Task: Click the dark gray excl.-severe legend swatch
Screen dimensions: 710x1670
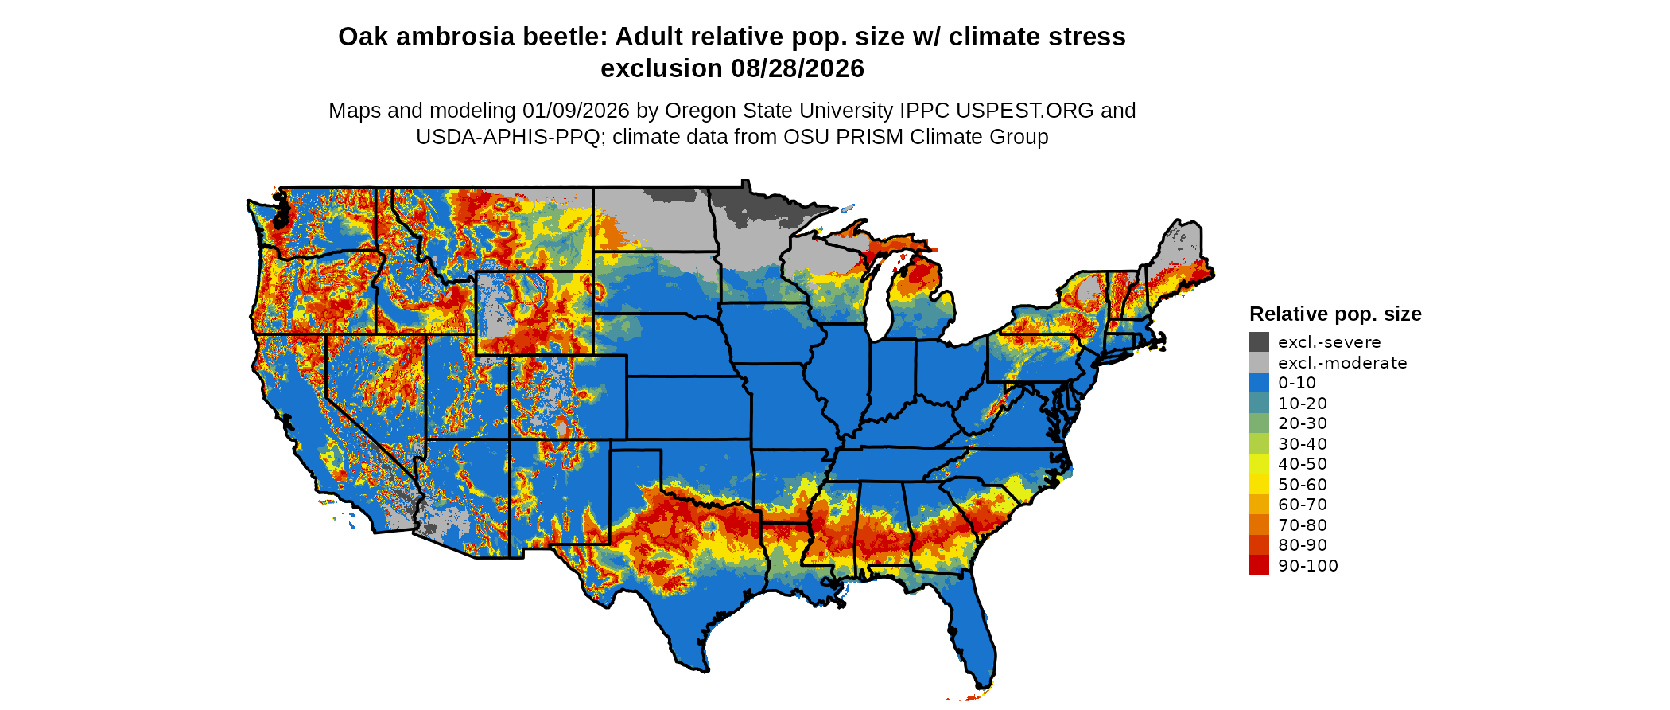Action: point(1259,342)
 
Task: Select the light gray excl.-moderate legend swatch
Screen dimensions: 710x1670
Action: point(1259,363)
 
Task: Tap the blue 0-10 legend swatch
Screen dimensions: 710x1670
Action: point(1259,383)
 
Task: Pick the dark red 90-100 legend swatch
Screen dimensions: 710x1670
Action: point(1259,566)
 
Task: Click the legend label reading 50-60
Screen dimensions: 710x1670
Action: point(1303,485)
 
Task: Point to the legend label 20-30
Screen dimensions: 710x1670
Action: point(1303,423)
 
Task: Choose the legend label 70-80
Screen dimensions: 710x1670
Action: point(1303,525)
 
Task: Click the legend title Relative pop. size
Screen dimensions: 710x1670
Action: point(1335,314)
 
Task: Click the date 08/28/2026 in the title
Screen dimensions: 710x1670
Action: point(798,68)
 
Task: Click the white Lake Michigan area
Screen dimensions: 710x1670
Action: point(878,306)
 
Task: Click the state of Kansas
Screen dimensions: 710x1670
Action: point(688,407)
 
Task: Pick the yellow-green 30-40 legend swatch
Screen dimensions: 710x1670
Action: point(1259,444)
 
